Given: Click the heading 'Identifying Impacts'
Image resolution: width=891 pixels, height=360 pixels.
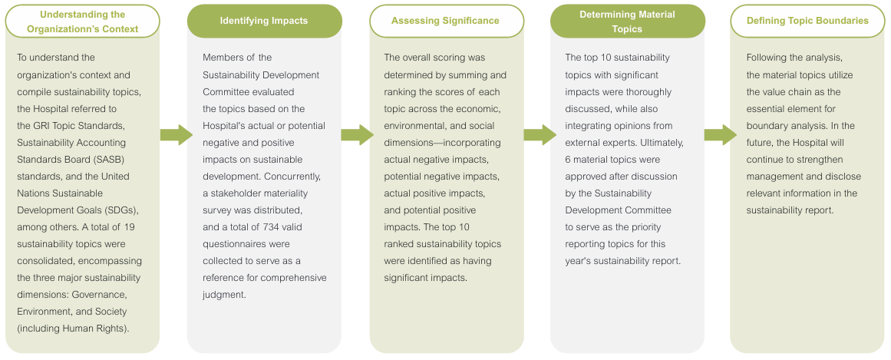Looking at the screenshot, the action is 264,21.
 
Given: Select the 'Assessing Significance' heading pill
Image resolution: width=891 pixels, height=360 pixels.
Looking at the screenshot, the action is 446,21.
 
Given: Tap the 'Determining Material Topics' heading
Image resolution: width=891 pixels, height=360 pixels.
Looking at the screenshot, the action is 627,21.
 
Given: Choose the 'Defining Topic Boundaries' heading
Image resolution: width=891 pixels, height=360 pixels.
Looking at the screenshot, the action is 807,21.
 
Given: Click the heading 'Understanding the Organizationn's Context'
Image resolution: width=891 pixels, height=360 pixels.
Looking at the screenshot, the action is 82,21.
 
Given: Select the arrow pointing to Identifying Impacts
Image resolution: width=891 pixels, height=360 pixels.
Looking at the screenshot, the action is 177,135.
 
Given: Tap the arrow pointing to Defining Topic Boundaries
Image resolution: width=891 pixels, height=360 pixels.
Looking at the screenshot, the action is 720,135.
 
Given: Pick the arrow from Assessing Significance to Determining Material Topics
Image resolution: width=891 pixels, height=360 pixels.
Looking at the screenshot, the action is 540,135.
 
